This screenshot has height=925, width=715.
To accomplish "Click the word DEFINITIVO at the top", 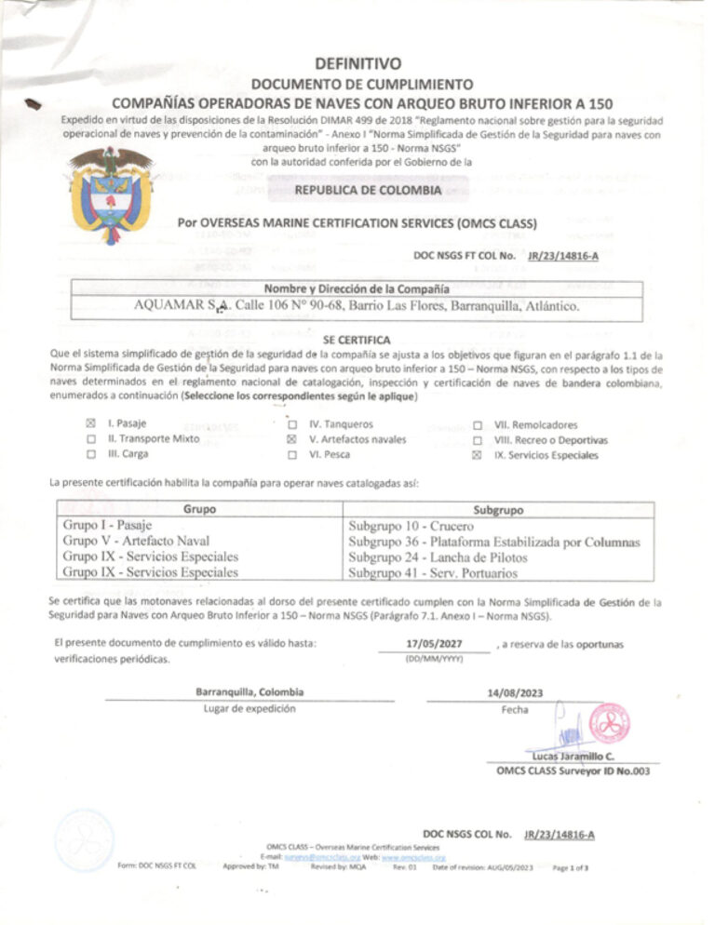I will coord(357,64).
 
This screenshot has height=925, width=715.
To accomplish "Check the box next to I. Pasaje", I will coord(90,422).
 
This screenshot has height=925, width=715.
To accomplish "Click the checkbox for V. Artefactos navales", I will coord(291,438).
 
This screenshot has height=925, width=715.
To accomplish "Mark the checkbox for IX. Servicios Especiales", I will coord(478,455).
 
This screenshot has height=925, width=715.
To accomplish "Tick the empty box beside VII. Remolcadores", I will coord(478,422).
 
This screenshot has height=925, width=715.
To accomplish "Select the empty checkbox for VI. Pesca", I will coord(291,455).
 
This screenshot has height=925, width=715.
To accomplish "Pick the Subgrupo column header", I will coord(498,510).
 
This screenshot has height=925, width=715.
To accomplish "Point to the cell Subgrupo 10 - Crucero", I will coord(395,526).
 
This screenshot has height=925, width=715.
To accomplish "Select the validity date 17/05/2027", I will coord(433,644).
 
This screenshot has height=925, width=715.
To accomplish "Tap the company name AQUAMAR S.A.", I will coord(182,305).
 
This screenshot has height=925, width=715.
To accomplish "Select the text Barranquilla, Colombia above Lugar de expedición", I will coord(250,691).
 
